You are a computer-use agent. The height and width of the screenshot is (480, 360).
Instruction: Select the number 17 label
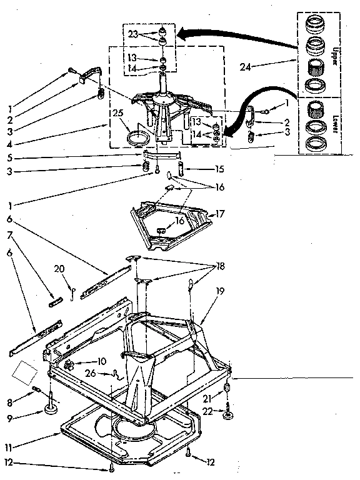[x=219, y=214]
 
